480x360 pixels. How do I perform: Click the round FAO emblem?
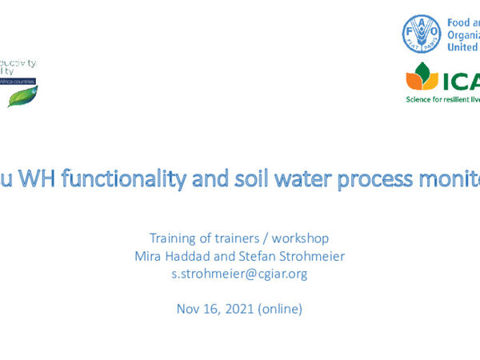pyautogui.click(x=422, y=34)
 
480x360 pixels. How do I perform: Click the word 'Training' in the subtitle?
pyautogui.click(x=172, y=238)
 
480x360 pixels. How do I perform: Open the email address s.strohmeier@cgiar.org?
pyautogui.click(x=239, y=273)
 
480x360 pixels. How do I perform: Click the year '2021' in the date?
pyautogui.click(x=239, y=308)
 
